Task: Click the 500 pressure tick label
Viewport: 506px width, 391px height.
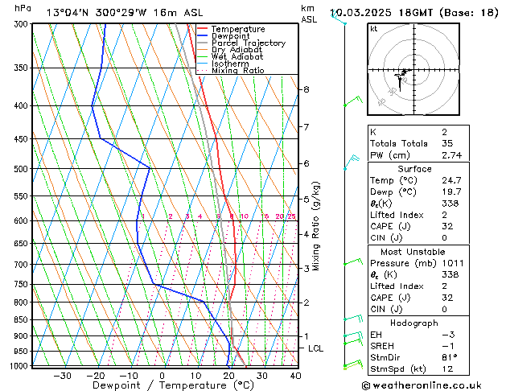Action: click(x=22, y=169)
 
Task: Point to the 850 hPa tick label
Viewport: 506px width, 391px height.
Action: click(x=22, y=320)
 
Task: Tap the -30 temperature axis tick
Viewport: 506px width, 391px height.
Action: click(x=62, y=376)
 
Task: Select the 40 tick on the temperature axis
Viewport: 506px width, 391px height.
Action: click(x=295, y=376)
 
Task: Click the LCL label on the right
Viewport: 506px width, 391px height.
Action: click(x=316, y=348)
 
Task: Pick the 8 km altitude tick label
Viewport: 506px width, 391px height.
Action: click(x=306, y=89)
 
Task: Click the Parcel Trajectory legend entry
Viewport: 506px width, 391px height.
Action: click(x=248, y=43)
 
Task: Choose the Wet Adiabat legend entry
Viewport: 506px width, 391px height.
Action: click(x=237, y=57)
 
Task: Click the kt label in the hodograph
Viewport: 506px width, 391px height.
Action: click(x=374, y=29)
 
